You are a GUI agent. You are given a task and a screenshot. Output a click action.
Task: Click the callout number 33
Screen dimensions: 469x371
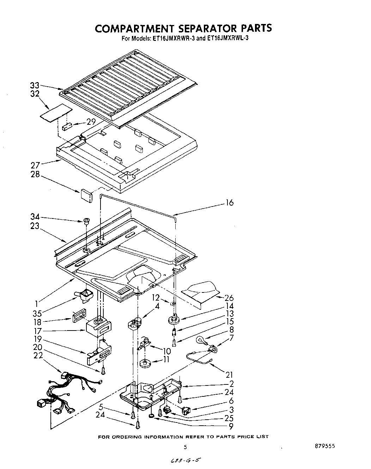pos(35,85)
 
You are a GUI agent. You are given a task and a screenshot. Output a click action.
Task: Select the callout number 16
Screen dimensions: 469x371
pos(229,203)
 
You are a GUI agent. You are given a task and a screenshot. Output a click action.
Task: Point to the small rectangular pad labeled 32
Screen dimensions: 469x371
pos(54,112)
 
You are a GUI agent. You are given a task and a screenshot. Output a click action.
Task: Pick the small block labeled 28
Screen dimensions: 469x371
pos(86,195)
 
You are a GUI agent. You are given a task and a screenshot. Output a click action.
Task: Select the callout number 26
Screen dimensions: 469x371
pos(229,298)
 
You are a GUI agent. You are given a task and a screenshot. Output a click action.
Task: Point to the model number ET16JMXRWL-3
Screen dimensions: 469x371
pos(227,39)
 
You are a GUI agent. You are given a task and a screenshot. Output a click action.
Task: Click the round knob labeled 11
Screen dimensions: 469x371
pos(144,363)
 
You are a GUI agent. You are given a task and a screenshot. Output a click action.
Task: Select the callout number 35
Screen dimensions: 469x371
pos(37,314)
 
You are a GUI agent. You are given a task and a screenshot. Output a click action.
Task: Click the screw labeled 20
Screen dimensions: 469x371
pos(103,370)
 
